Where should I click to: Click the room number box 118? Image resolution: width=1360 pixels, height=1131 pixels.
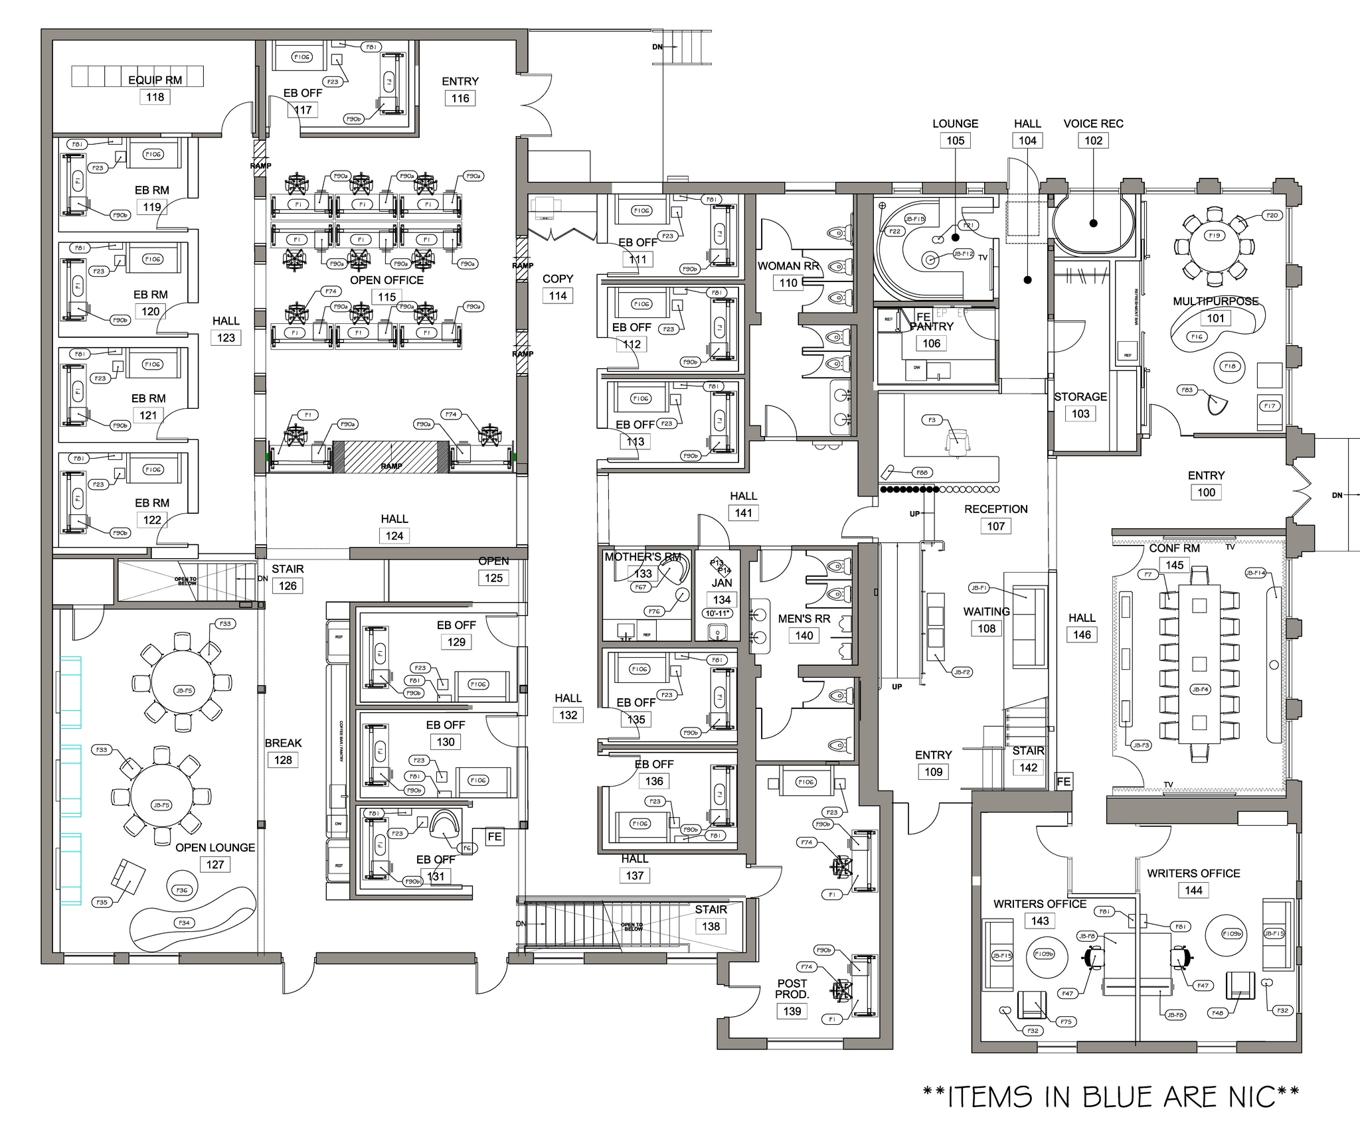pos(155,97)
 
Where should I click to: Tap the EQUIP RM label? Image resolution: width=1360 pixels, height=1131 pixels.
pos(155,80)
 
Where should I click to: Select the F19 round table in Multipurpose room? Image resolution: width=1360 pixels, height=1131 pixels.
pos(1215,236)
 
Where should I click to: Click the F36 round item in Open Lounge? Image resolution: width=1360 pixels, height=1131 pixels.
pos(181,890)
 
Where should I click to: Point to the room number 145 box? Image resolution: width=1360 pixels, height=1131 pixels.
pos(1175,565)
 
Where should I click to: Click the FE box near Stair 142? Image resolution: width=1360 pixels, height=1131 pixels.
pos(1064,781)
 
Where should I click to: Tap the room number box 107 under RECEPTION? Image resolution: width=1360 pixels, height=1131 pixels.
pos(995,526)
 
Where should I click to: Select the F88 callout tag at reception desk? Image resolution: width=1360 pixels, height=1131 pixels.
pos(921,473)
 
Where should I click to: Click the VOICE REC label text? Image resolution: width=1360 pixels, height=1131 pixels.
pos(1093,123)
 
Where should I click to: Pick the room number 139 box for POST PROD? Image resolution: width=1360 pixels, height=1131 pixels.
pos(792,1011)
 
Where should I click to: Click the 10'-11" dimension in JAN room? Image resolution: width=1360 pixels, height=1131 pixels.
pos(718,613)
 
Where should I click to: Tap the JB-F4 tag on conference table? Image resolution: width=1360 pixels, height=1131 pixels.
pos(1200,689)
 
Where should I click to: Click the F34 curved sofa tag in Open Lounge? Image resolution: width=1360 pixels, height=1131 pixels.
pos(184,923)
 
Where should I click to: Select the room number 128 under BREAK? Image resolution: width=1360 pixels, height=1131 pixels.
pos(283,760)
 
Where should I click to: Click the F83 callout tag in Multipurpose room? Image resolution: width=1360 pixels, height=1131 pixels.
pos(1187,390)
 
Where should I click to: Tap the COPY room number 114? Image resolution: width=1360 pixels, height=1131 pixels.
pos(558,296)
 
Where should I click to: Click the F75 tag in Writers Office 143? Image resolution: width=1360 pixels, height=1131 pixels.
pos(1066,1021)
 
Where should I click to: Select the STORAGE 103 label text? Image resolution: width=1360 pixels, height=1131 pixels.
pos(1080,397)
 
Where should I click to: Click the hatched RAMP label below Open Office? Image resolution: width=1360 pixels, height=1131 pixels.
pos(391,466)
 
